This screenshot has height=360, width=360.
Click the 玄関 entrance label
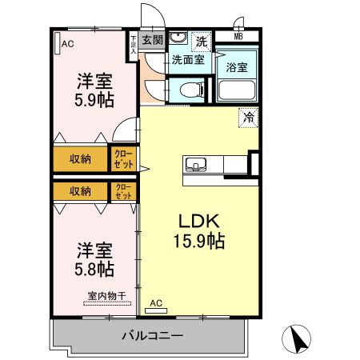point(152,39)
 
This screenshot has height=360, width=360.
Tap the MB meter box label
point(238,36)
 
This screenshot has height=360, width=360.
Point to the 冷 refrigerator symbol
point(249,117)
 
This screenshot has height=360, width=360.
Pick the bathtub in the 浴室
point(237,90)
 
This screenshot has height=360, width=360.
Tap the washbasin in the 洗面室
point(178,38)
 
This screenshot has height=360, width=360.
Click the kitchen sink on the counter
point(196,166)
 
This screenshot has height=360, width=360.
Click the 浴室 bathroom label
point(237,66)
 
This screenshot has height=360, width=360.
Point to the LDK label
point(198,221)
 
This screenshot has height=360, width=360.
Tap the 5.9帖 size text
point(94,100)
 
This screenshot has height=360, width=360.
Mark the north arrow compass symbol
point(298,339)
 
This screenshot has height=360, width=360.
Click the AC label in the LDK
point(157,304)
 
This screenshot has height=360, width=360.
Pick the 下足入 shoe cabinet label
point(133,44)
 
